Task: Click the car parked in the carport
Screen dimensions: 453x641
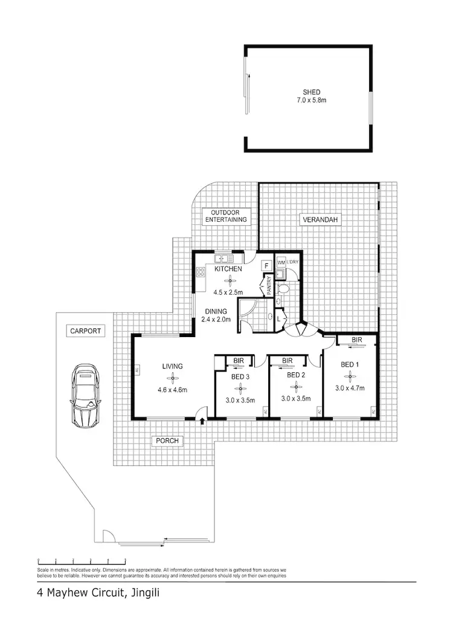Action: [85, 396]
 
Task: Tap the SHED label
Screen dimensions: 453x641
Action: [308, 92]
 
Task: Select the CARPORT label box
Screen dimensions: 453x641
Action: [85, 331]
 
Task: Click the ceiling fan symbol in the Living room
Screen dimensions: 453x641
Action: [173, 378]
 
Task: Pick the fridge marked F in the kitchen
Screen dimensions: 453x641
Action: [266, 266]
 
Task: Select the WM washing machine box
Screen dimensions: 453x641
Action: [280, 263]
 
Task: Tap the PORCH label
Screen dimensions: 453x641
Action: [167, 440]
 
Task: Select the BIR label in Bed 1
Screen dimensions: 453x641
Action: [356, 341]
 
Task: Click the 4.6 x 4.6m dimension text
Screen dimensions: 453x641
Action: [173, 390]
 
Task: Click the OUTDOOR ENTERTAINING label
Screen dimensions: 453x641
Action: [225, 216]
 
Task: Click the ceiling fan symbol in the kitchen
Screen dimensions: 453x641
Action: [228, 280]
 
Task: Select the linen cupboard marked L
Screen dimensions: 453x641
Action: [279, 318]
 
